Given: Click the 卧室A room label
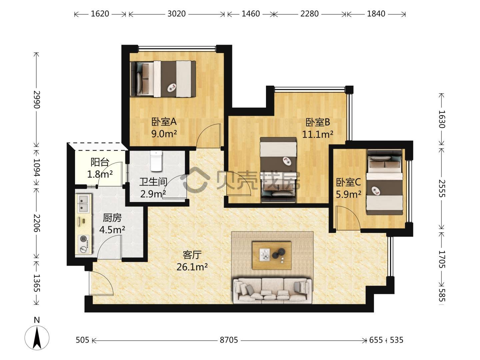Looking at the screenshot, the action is pos(164,122).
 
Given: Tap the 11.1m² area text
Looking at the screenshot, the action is pos(318,134).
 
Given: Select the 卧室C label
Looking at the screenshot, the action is pos(348,182).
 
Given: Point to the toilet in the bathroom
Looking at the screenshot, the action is pos(156,161).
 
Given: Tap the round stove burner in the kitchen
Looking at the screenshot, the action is pos(83,238).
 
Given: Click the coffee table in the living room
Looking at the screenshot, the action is pos(272,255).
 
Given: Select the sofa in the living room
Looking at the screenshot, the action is pos(272,291).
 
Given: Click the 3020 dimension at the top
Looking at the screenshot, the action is pos(176,14).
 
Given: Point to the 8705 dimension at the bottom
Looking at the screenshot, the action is pos(229,340).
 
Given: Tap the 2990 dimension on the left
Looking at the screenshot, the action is pos(37,99).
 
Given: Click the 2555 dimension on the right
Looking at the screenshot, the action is pos(442,188).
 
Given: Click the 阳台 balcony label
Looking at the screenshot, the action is pos(100,162).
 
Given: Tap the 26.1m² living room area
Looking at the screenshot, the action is pos(192,267).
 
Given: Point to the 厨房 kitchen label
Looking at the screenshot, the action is pos(112,218).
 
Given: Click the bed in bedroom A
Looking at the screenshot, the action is pos(163,79).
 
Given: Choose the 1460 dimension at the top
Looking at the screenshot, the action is pos(251,14).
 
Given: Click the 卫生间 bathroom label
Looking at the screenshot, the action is pos(153,182).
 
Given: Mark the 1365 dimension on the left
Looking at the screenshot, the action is pos(37,283).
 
